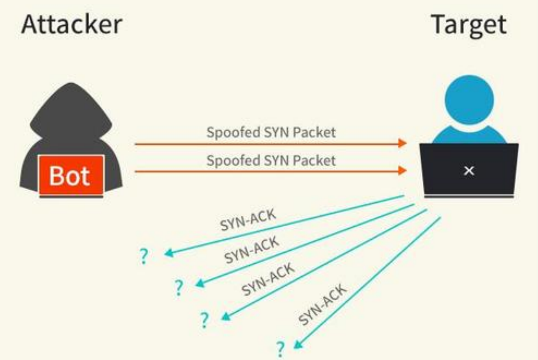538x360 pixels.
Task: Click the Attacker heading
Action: (71, 25)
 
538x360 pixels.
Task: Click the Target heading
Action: (469, 25)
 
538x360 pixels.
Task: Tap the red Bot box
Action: (71, 176)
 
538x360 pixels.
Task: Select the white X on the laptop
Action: (469, 171)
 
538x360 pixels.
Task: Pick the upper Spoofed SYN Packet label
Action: (271, 132)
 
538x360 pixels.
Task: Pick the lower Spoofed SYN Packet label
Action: (271, 160)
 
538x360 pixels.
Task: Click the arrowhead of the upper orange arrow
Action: (403, 143)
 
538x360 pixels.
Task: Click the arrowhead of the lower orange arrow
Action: (403, 171)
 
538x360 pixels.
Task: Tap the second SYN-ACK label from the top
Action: (252, 250)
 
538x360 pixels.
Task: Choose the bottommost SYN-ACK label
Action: (323, 305)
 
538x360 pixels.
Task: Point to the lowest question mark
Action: (281, 349)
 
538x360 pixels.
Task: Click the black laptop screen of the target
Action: (469, 170)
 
